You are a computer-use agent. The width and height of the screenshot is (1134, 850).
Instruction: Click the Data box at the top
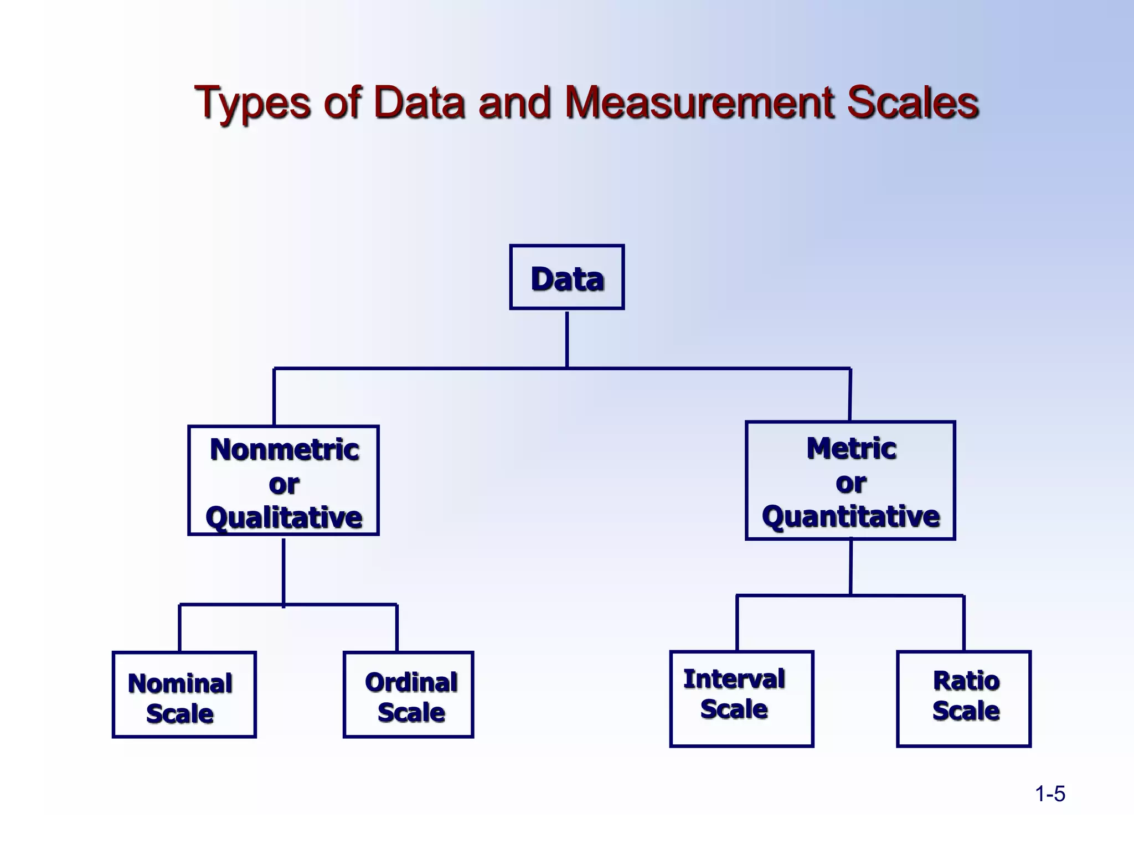[x=567, y=277]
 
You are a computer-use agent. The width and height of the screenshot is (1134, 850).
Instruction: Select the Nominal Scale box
[x=184, y=695]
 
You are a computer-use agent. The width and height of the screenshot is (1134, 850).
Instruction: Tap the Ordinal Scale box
[x=409, y=695]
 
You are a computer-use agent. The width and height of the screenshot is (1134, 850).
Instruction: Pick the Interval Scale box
[x=742, y=699]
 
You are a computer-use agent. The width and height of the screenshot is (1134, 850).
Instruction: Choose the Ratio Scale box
[x=964, y=699]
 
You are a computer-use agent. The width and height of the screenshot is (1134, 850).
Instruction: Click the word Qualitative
[x=283, y=518]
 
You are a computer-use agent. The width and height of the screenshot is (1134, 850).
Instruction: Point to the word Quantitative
[x=851, y=517]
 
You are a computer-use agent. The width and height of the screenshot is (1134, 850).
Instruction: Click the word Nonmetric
[x=285, y=449]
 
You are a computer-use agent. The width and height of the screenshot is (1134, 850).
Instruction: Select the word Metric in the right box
[x=851, y=448]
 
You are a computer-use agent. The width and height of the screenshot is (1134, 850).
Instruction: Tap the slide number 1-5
[x=1050, y=794]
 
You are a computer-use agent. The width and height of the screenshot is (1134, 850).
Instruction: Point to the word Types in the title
[x=252, y=103]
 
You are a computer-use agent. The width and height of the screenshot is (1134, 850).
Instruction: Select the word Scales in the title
[x=913, y=102]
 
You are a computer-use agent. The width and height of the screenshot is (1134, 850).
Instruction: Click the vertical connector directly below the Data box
[x=567, y=339]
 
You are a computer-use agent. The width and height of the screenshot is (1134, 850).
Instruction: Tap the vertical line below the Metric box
[x=851, y=567]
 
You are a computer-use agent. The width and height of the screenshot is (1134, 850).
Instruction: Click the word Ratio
[x=966, y=681]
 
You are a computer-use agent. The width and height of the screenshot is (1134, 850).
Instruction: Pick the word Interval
[x=734, y=680]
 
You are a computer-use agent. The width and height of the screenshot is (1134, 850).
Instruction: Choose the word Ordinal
[x=411, y=682]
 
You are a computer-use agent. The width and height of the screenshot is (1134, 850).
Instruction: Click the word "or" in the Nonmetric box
[x=284, y=485]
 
